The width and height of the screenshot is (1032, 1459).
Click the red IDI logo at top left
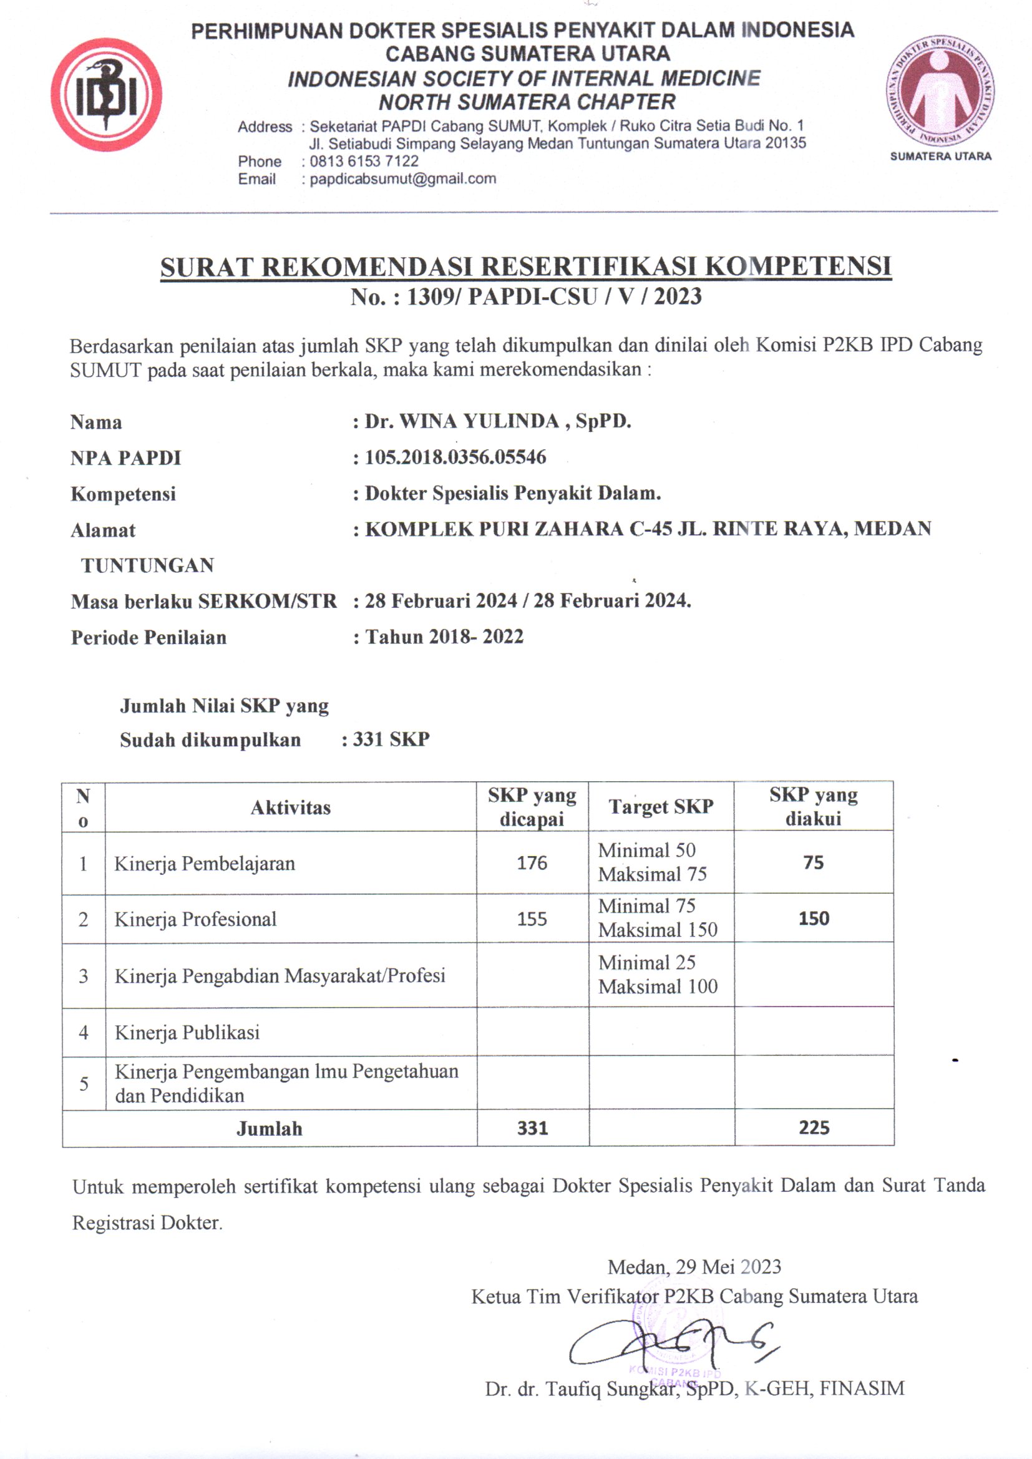click(106, 95)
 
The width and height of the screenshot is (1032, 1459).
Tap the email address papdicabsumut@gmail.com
click(403, 179)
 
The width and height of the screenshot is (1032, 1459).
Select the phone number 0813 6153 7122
click(364, 162)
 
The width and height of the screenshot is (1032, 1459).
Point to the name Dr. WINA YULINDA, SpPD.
click(497, 421)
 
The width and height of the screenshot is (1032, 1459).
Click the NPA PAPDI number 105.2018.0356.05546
click(455, 457)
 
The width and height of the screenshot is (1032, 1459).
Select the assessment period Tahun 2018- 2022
click(444, 637)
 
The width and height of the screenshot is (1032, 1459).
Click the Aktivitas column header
click(290, 808)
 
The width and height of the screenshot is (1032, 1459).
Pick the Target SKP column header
click(661, 806)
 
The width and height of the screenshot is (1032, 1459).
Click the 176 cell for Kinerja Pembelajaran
click(532, 863)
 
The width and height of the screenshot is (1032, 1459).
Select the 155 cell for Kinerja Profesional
click(532, 919)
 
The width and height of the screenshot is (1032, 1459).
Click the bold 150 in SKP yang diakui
click(814, 918)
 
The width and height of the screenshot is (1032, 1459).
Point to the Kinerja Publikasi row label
click(187, 1033)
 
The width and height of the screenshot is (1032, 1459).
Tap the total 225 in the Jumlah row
click(814, 1128)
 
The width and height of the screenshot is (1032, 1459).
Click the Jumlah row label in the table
click(270, 1128)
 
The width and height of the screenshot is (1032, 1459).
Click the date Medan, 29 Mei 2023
click(694, 1267)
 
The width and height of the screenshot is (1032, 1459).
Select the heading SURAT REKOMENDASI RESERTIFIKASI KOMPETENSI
click(525, 267)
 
